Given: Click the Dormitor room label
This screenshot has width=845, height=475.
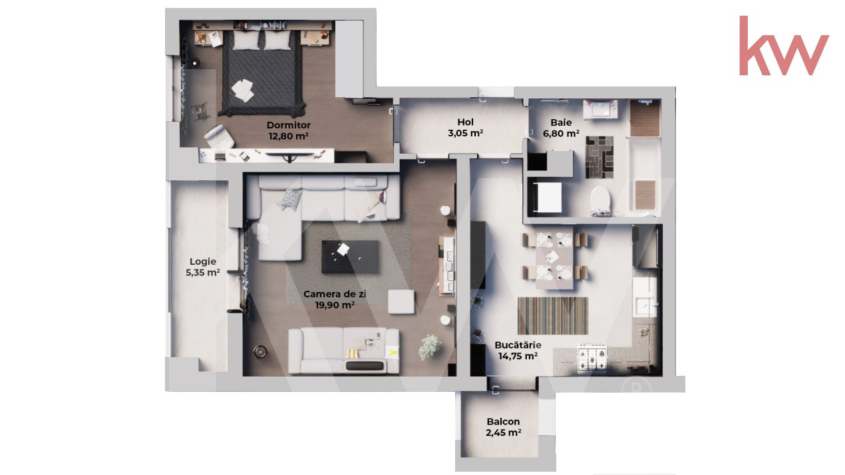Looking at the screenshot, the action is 289,125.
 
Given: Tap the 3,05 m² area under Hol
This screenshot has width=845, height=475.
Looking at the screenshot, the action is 466,133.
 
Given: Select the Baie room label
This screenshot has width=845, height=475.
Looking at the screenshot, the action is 561,122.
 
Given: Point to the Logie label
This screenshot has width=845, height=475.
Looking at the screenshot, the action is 203,261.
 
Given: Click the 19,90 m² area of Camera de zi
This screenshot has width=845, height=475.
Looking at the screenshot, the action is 335,305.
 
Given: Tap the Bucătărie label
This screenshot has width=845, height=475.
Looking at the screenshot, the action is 518,345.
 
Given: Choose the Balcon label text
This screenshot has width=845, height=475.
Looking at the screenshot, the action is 503,421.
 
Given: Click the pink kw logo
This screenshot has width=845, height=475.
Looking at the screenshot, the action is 784,46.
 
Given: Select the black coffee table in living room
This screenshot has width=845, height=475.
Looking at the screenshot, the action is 350,257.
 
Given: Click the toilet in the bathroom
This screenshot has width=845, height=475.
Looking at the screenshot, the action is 600,199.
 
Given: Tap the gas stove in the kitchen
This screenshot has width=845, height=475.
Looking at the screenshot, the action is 592,357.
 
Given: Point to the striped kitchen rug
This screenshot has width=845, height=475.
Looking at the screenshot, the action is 553,316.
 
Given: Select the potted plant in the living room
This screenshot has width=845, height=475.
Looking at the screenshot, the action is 430,347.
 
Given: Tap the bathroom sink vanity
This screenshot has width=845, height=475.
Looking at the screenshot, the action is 600,109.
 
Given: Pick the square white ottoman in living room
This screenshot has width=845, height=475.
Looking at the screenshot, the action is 401,301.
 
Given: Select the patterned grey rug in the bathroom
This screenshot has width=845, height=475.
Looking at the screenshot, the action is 599,157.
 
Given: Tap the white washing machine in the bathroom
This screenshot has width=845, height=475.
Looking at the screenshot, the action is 549,198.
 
